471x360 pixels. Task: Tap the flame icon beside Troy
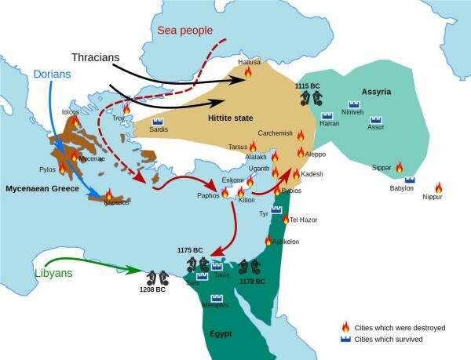pos(126,109)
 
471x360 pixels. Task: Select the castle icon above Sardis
pos(156,122)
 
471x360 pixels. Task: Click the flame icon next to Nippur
pos(438,187)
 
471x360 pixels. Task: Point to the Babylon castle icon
pos(410,180)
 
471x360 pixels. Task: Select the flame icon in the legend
pos(344,326)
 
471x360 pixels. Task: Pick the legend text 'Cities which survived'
pos(390,339)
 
